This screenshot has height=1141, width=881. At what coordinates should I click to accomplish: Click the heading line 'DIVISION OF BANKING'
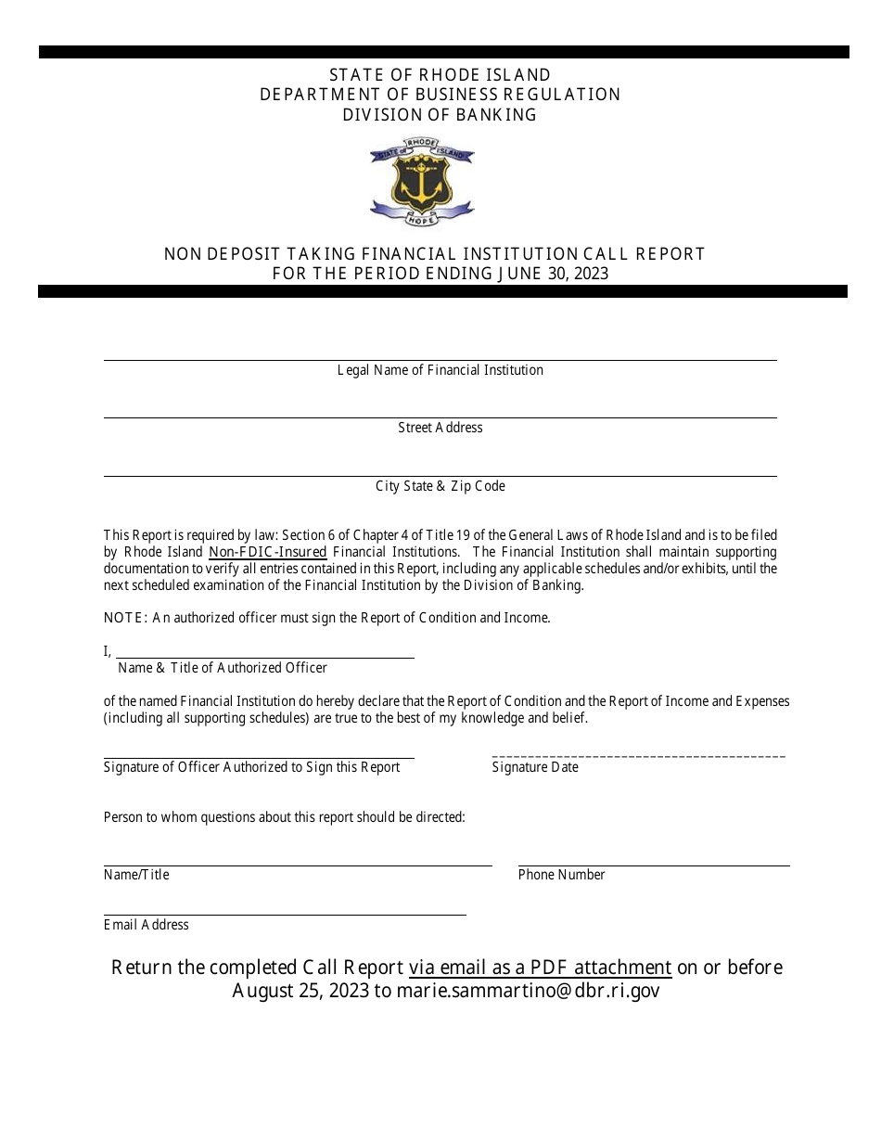point(440,115)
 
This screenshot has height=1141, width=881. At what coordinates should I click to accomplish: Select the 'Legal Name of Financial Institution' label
point(440,370)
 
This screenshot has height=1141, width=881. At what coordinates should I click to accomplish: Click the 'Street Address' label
point(440,428)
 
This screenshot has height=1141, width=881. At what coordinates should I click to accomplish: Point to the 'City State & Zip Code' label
point(440,486)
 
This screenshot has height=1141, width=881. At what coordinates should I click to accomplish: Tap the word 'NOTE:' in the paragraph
point(125,618)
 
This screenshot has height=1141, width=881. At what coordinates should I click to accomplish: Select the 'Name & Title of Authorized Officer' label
point(223,668)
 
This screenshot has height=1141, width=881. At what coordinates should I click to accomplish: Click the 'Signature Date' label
point(535,767)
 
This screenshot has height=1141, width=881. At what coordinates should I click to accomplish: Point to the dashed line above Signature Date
point(638,757)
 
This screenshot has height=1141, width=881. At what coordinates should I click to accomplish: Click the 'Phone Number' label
point(561,875)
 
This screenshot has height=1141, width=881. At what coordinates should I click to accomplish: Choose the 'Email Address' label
point(146,925)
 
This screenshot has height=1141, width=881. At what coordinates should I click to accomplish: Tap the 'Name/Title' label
point(136,875)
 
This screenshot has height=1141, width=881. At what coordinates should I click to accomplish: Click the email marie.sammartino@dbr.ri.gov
point(529,991)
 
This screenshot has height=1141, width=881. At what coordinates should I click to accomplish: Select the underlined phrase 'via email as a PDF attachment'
point(540,968)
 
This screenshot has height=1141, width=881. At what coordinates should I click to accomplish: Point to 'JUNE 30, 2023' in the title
point(553,274)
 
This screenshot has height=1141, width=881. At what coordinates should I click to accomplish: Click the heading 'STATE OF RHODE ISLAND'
point(440,74)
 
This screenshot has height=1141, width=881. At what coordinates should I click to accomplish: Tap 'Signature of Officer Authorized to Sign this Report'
point(251,767)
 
